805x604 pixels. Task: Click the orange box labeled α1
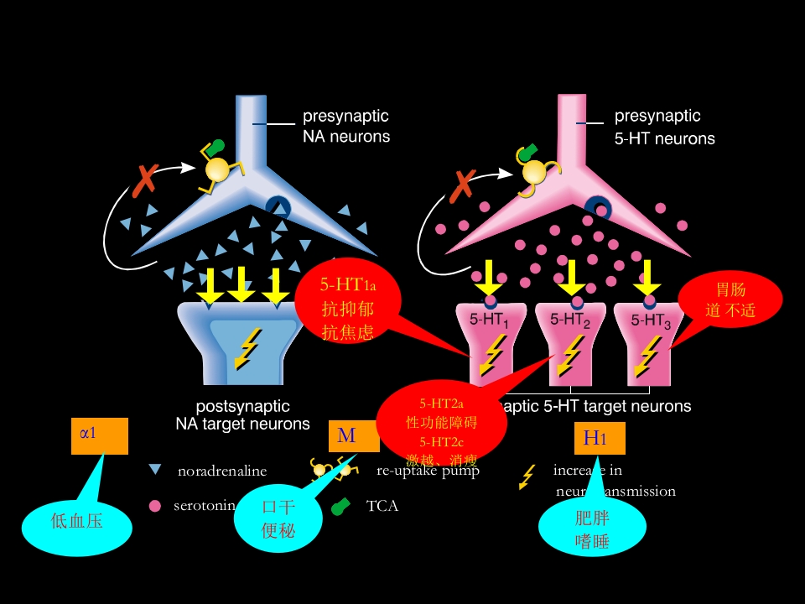[99, 435]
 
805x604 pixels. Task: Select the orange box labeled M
[354, 436]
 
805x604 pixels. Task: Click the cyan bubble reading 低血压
[77, 521]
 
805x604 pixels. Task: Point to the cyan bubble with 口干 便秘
[278, 519]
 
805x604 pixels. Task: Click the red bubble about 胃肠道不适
[730, 301]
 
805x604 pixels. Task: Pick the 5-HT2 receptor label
[570, 320]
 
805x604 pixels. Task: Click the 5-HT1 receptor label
[490, 320]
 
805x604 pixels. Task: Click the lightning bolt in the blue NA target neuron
[247, 347]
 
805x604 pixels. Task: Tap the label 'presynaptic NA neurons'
[345, 126]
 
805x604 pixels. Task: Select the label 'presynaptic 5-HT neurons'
[664, 127]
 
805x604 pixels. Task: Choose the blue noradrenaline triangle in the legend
[155, 470]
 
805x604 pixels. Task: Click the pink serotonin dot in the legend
[154, 506]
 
